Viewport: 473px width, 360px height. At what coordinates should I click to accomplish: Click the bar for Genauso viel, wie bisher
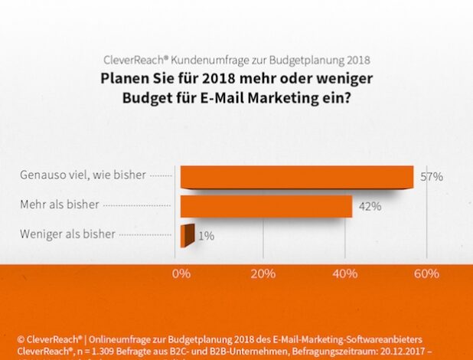tap(297, 177)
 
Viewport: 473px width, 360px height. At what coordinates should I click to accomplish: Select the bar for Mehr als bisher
tap(266, 206)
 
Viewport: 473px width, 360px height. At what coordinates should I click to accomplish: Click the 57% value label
tap(432, 177)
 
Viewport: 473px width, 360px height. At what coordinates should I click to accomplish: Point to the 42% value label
tap(370, 206)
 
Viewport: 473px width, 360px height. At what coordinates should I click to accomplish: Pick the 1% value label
tap(206, 236)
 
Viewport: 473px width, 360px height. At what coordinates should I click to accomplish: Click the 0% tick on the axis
tap(181, 273)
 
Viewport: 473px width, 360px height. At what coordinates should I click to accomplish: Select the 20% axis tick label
tap(263, 273)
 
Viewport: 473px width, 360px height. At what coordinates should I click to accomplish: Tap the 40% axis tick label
tap(345, 273)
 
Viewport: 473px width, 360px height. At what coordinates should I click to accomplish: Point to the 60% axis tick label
tap(427, 273)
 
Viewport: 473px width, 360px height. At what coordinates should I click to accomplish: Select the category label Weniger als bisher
tap(67, 234)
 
